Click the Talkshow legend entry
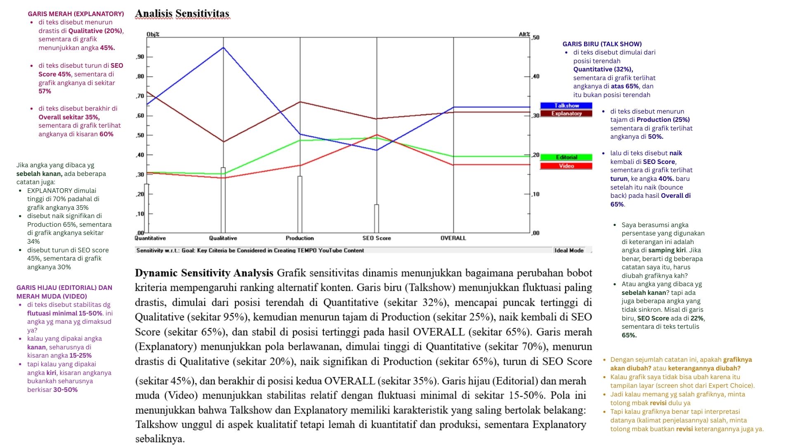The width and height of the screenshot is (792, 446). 566,106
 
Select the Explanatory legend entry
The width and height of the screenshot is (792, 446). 566,114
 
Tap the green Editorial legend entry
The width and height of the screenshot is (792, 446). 566,157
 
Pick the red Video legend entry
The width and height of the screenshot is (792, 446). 566,166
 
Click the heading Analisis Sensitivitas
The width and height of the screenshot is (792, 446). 182,14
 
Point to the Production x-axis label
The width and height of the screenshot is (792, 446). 299,238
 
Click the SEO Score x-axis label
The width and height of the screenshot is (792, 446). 376,238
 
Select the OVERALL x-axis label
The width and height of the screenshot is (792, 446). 453,238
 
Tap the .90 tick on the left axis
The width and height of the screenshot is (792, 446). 140,57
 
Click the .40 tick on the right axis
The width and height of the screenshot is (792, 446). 535,76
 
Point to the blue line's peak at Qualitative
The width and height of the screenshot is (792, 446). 224,48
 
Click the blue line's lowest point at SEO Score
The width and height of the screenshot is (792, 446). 377,150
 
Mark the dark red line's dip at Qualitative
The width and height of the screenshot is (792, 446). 224,142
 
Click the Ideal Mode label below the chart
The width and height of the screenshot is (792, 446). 569,250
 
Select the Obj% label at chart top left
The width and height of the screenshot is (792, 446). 153,34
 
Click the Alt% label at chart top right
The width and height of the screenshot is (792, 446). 524,34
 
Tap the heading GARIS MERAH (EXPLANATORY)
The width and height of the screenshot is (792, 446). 76,14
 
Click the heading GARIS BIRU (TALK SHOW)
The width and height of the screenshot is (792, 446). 602,44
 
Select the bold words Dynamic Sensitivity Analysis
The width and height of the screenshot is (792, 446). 204,273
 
